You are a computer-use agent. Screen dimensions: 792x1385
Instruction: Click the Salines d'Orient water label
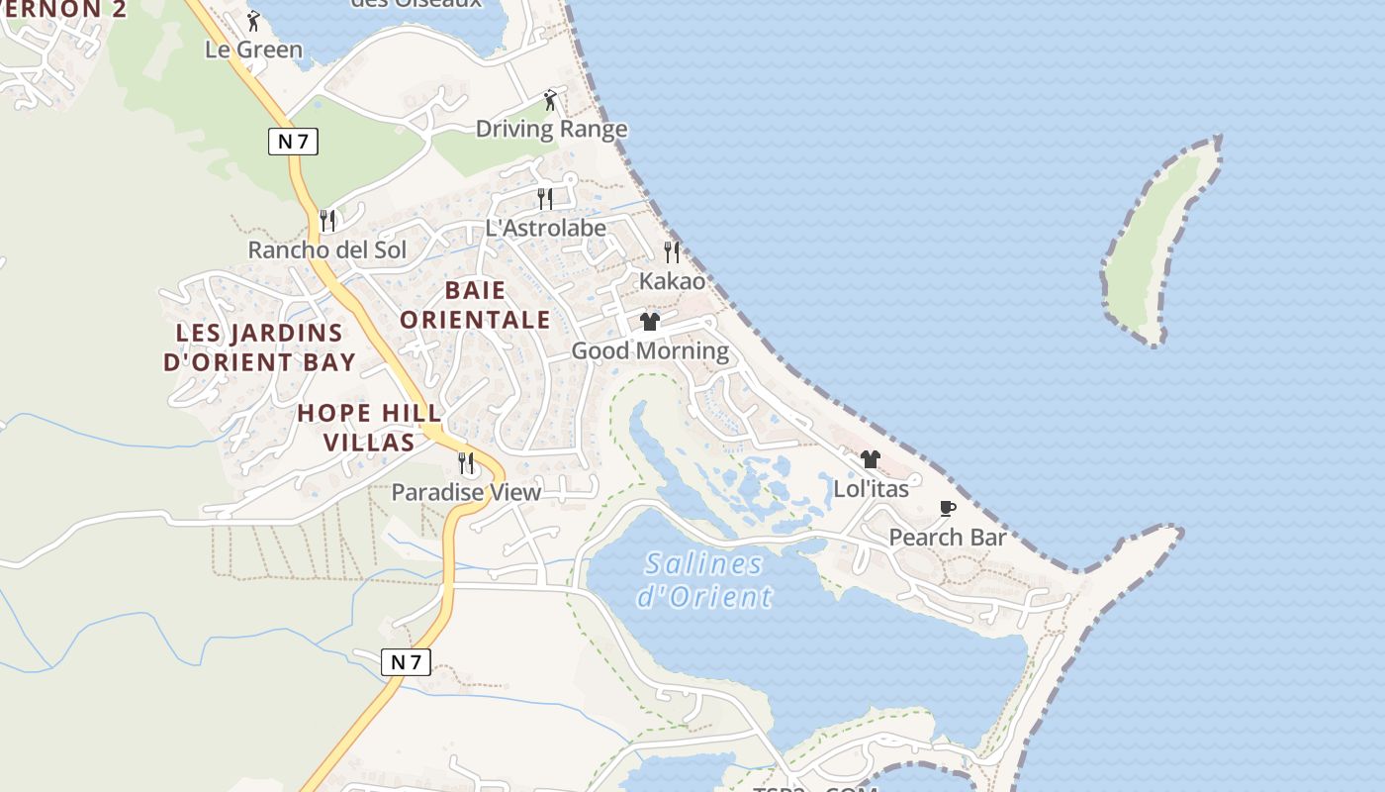coord(703,580)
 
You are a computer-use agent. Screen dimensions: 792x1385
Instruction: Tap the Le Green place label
coord(253,49)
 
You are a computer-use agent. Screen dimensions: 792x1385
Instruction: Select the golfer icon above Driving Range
coord(551,100)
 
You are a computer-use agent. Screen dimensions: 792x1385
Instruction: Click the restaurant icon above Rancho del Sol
coord(327,220)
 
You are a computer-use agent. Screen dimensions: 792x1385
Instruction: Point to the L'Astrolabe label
coord(545,228)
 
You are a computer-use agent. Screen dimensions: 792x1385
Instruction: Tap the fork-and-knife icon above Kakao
coord(672,251)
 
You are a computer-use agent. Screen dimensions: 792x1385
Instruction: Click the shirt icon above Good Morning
coord(650,322)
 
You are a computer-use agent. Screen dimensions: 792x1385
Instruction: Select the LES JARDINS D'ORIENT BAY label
coord(259,347)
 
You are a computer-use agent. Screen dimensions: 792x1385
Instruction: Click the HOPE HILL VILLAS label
coord(369,427)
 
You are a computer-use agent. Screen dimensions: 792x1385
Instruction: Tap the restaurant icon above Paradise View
coord(466,462)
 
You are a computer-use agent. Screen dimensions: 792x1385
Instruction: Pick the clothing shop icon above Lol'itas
coord(871,459)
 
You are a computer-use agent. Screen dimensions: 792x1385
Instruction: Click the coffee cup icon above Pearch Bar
coord(948,509)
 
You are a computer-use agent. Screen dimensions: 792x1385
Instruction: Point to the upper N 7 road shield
coord(293,141)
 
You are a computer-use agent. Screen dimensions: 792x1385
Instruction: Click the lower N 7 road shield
coord(406,662)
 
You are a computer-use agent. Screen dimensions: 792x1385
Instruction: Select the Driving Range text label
coord(551,129)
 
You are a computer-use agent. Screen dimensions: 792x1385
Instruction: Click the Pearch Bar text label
coord(947,538)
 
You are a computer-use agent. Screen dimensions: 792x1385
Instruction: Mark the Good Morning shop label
coord(650,350)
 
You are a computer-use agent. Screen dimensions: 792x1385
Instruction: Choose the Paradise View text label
coord(466,492)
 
